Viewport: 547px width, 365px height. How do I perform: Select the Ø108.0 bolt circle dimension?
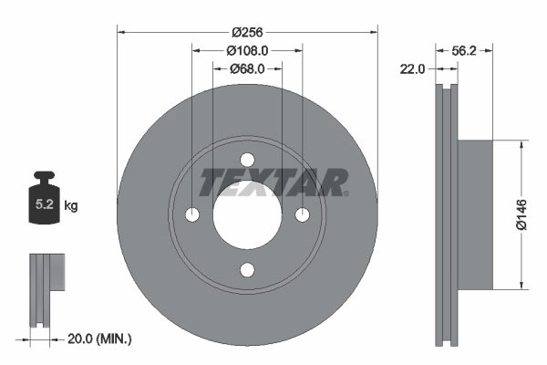tap(247, 49)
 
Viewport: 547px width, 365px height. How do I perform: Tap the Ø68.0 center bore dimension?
tap(247, 68)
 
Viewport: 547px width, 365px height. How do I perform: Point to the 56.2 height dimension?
tap(465, 51)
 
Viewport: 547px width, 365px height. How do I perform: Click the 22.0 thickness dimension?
tap(414, 68)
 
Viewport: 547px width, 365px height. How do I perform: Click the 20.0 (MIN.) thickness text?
tap(100, 339)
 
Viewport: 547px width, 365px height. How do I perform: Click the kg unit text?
tap(71, 206)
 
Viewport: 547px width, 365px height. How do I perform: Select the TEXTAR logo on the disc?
tap(273, 182)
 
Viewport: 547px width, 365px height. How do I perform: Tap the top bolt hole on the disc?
tap(247, 160)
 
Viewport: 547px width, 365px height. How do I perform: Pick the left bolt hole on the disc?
tap(191, 214)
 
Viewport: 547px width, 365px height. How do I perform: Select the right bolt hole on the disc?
tap(303, 214)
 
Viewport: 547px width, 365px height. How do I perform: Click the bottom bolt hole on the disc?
tap(247, 270)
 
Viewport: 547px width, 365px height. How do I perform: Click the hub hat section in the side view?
tap(474, 214)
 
